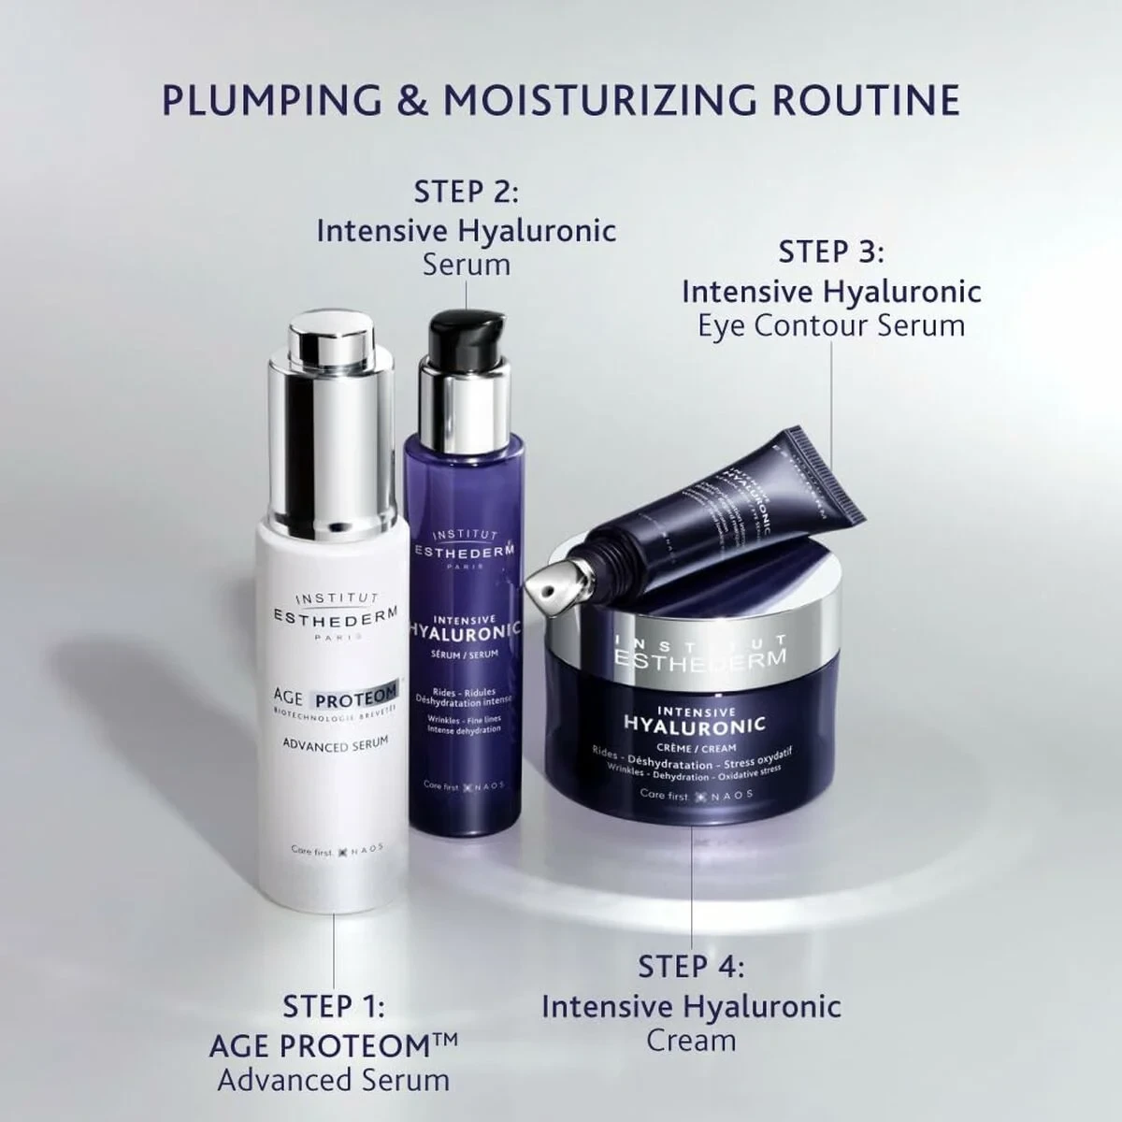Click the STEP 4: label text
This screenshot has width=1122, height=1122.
coord(691,967)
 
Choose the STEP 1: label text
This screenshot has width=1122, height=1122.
coord(333,1007)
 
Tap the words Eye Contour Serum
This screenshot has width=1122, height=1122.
coord(831,325)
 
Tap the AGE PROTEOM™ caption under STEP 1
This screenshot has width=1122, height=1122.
coord(333,1045)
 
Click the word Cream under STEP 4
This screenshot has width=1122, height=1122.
coord(691,1040)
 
